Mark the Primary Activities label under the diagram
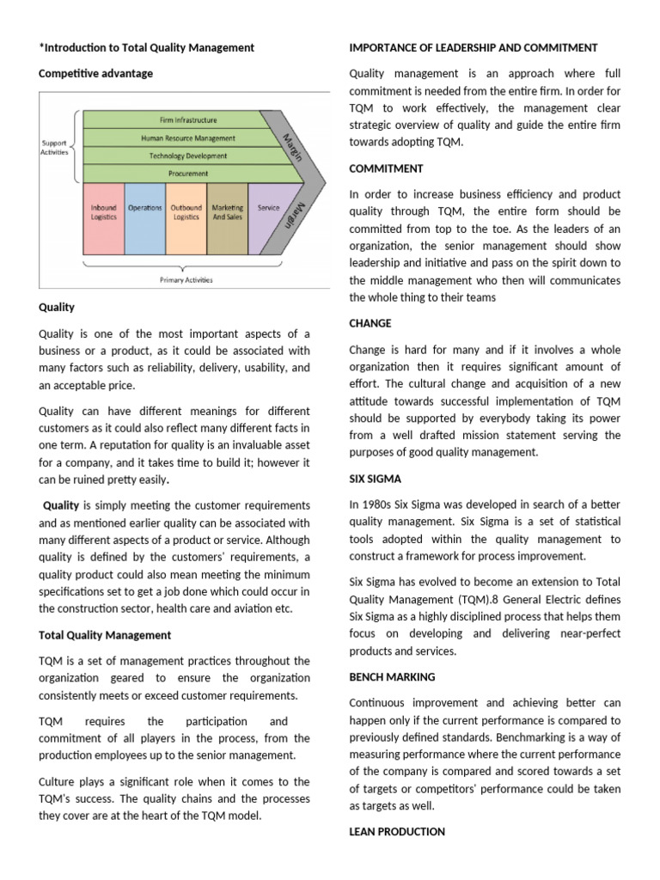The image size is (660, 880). (186, 279)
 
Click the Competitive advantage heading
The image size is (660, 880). (96, 74)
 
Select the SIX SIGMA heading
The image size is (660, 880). (376, 479)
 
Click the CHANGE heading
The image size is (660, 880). (370, 323)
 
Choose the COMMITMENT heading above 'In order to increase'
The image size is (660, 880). (385, 169)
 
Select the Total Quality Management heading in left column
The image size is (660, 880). (105, 635)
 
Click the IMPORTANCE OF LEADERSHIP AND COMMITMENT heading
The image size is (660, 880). (474, 47)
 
